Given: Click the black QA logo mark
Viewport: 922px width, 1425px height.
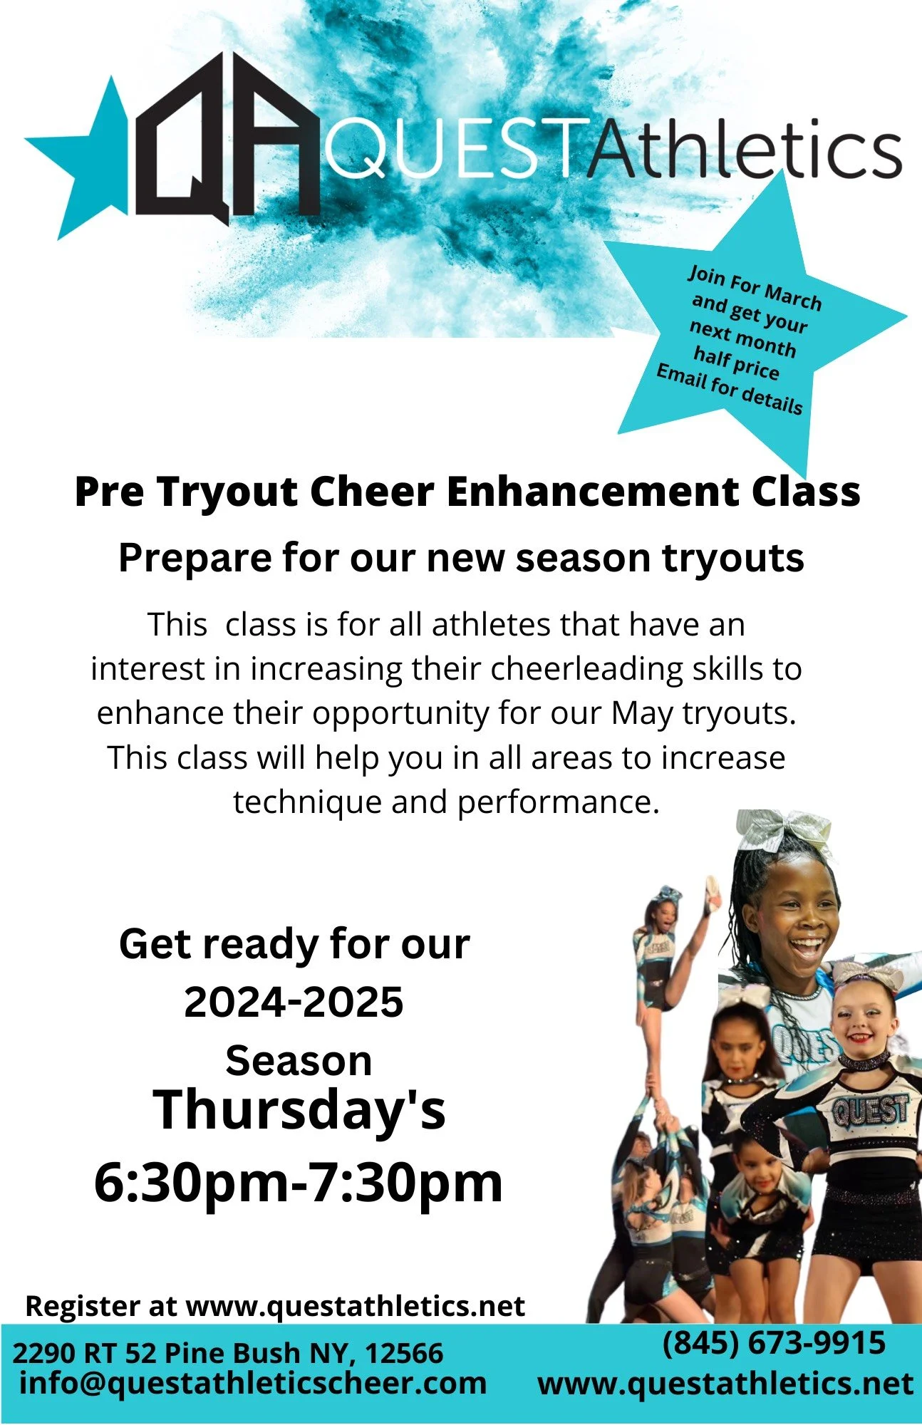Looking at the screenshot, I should (x=227, y=139).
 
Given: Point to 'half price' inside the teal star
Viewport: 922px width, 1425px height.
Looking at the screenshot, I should (x=736, y=362).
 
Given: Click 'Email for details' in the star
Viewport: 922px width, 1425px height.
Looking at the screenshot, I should (x=729, y=389).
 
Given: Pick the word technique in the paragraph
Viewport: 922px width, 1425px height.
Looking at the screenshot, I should (x=307, y=802).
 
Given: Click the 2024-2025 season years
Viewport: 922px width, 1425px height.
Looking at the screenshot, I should (x=294, y=1002).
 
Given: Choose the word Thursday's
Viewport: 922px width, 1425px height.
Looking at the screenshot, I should (x=299, y=1110).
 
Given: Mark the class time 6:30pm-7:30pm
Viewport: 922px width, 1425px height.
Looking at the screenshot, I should (x=299, y=1183).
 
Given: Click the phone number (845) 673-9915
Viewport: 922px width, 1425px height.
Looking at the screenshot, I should (x=774, y=1343).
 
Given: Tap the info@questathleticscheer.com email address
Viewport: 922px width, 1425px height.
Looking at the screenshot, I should (x=253, y=1384).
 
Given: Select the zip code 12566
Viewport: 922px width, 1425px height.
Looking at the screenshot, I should (x=405, y=1353).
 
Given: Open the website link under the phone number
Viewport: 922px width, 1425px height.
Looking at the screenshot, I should (x=725, y=1384).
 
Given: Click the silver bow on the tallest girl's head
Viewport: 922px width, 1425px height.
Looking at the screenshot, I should (x=784, y=831).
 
